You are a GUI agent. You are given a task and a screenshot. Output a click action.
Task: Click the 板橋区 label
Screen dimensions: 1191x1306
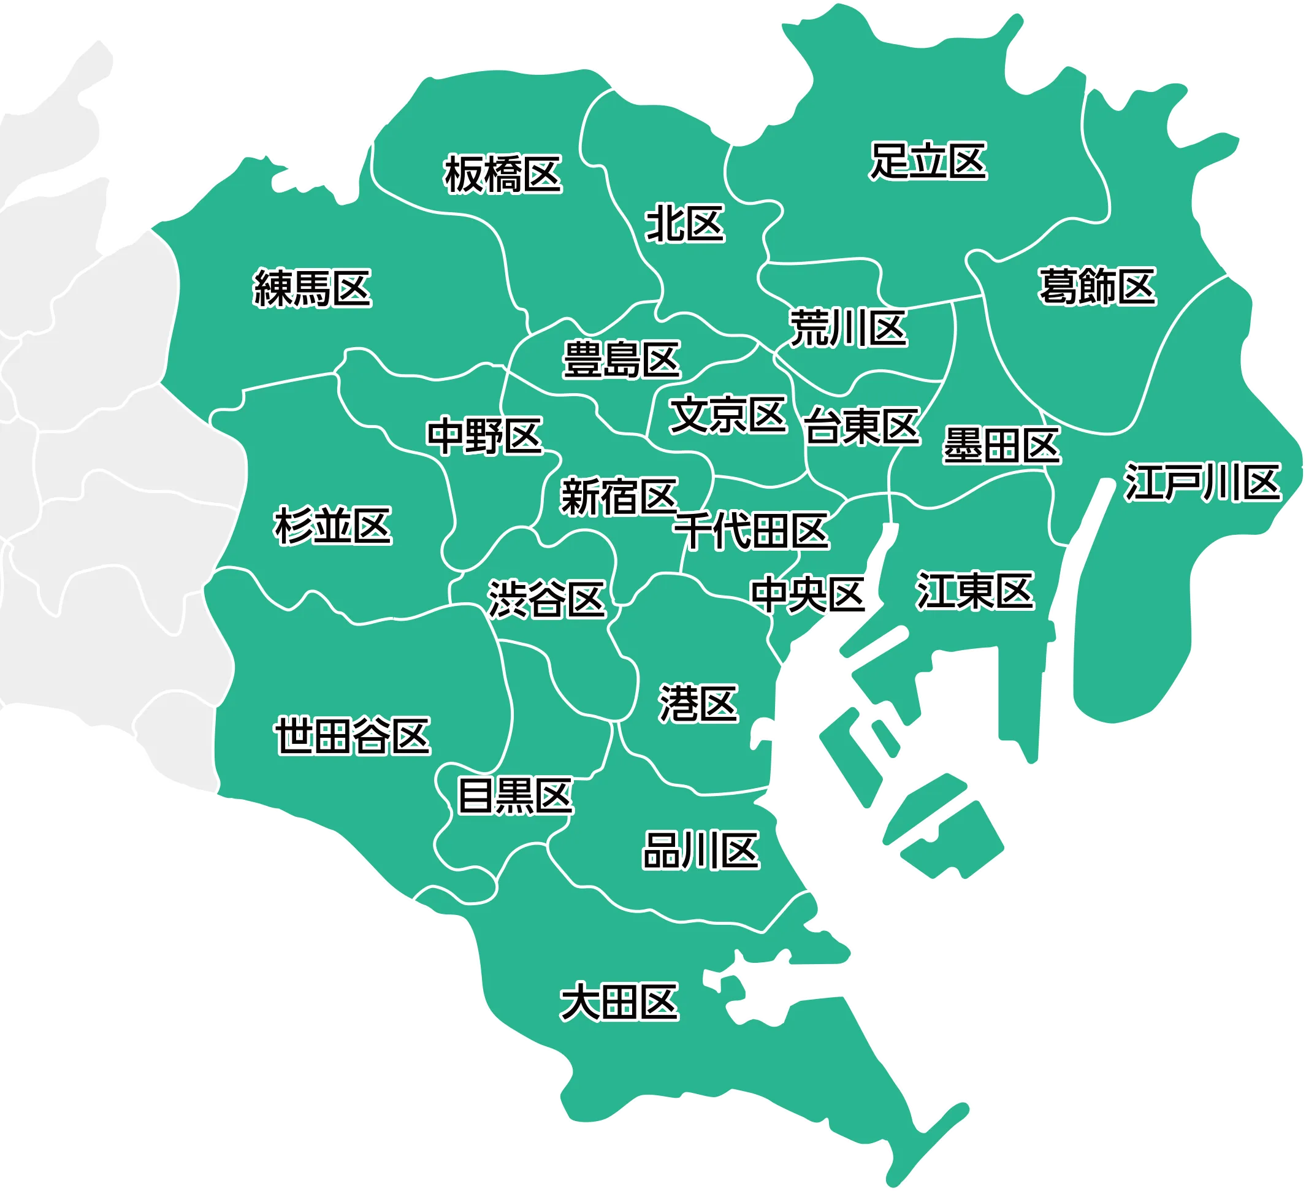[x=503, y=174]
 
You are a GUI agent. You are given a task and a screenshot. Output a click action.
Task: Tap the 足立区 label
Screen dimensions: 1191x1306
[x=928, y=161]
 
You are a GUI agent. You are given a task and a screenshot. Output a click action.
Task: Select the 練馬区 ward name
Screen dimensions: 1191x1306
[x=312, y=288]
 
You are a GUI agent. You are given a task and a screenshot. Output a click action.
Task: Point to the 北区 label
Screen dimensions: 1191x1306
[x=685, y=224]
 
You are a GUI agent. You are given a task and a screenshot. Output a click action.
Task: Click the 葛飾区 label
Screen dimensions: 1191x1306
[x=1098, y=286]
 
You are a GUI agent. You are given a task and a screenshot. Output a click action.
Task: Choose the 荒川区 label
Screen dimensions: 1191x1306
[x=848, y=329]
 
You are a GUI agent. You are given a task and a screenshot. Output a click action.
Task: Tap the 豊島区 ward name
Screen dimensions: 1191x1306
[x=621, y=359]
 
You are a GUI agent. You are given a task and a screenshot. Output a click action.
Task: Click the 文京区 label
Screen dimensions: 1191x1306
[x=728, y=415]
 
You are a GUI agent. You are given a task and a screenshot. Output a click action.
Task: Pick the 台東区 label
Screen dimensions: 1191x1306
[x=862, y=426]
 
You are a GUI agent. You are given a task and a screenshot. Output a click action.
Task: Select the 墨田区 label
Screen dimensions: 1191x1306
[x=1001, y=445]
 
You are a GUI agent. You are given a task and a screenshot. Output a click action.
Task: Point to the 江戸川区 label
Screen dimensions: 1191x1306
[x=1203, y=482]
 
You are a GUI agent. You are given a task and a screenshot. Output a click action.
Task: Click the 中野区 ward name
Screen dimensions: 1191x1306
[x=484, y=435]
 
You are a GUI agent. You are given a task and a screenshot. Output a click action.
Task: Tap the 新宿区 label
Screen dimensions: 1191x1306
[x=619, y=497]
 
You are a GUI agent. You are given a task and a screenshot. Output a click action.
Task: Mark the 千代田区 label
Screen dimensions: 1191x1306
[x=752, y=531]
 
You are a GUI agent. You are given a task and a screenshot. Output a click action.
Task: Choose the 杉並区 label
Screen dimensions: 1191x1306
[x=333, y=526]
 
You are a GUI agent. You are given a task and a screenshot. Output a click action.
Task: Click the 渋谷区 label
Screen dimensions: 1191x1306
[x=547, y=599]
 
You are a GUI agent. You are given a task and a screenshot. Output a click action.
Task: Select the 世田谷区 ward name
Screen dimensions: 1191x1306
[x=353, y=735]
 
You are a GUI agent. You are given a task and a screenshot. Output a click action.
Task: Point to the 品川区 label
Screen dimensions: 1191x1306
[x=701, y=851]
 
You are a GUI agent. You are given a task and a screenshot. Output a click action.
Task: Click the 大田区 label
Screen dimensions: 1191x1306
[x=619, y=1003]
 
